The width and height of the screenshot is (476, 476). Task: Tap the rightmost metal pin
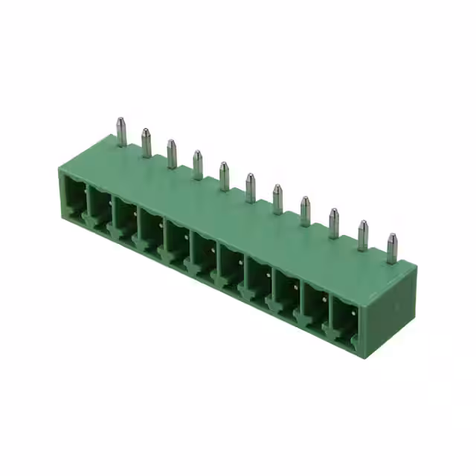click(x=391, y=248)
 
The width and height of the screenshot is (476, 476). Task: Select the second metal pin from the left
click(x=147, y=142)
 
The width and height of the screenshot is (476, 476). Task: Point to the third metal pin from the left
click(x=172, y=153)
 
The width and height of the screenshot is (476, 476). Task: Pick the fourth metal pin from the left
click(x=198, y=164)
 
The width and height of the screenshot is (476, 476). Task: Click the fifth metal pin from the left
click(x=224, y=176)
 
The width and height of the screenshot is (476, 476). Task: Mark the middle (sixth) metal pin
click(x=251, y=187)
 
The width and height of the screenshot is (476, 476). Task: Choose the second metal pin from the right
click(x=362, y=235)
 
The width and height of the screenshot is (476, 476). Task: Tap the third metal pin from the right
click(x=333, y=223)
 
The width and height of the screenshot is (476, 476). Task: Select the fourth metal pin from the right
click(x=305, y=210)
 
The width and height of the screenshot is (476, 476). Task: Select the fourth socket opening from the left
click(x=151, y=231)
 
